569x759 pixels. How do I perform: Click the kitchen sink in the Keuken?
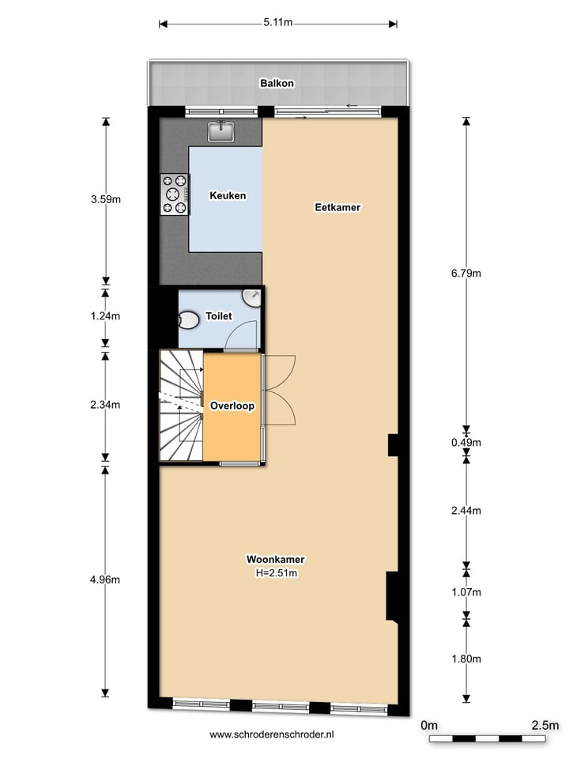[x=220, y=131]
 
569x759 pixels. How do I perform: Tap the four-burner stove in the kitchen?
[x=175, y=194]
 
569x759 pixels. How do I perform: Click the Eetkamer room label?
[x=337, y=208]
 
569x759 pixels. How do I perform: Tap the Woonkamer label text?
[x=275, y=560]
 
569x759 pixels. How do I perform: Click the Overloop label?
[x=232, y=405]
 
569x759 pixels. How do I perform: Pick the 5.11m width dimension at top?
[x=279, y=23]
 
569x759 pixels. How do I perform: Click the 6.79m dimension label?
[x=465, y=274]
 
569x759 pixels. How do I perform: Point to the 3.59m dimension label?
[x=105, y=199]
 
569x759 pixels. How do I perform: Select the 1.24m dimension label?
[x=105, y=315]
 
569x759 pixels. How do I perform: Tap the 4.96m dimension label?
[x=105, y=580]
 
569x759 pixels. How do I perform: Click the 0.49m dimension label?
[x=465, y=443]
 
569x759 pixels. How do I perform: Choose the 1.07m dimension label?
[x=465, y=591]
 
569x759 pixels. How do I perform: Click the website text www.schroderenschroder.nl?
[x=272, y=734]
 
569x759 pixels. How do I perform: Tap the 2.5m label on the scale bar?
[x=545, y=725]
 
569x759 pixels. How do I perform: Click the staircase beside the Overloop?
[x=181, y=406]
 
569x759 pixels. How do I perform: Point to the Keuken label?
[x=227, y=195]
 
